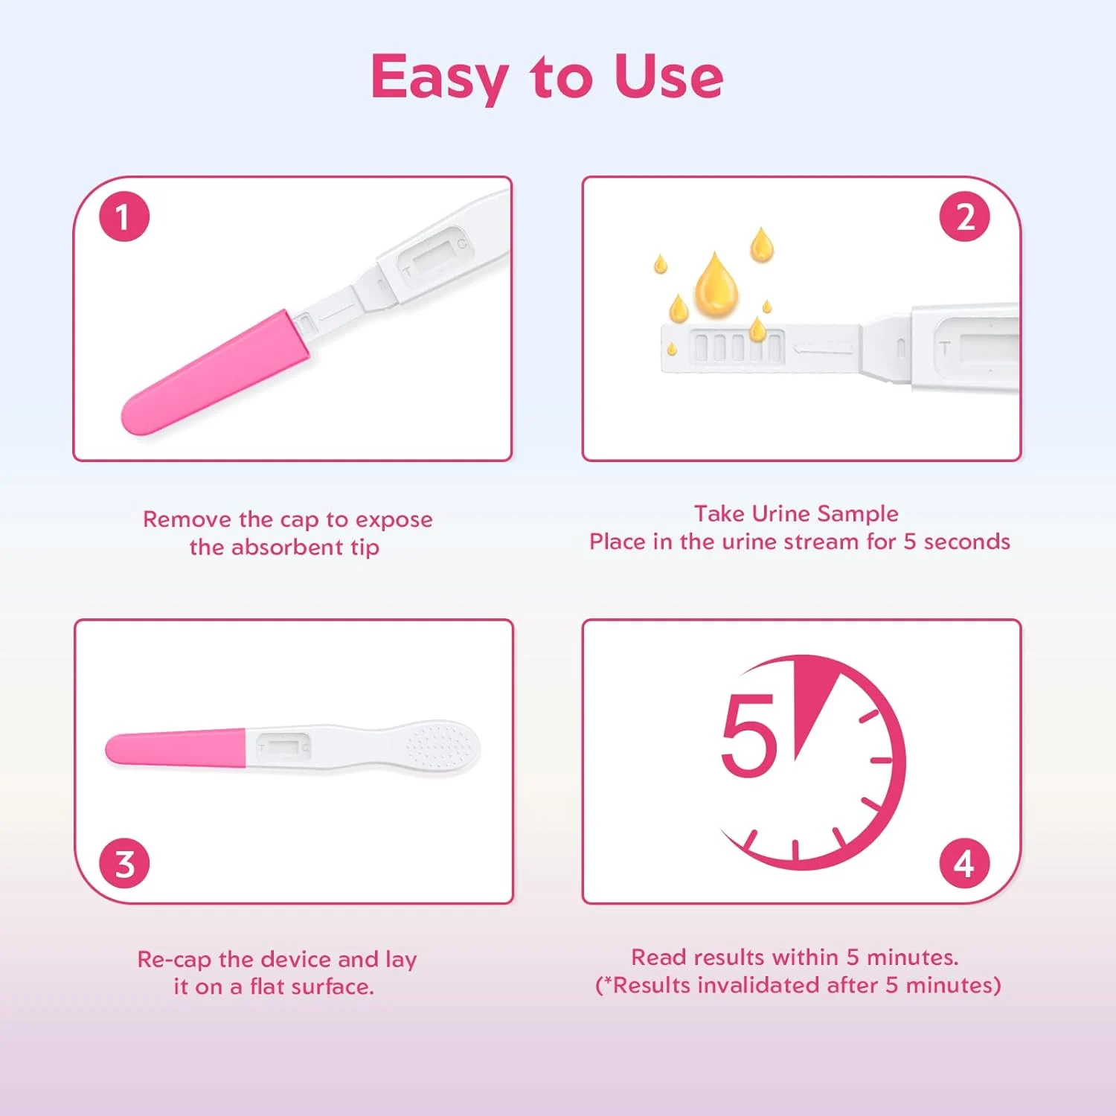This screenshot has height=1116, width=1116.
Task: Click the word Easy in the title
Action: click(x=439, y=77)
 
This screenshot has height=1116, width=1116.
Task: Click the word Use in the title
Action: click(x=668, y=76)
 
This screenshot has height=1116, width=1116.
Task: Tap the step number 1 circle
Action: click(x=124, y=217)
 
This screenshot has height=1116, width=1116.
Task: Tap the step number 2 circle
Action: click(x=964, y=217)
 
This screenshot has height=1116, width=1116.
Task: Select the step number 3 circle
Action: click(x=124, y=863)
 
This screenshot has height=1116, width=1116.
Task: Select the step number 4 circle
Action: click(x=964, y=863)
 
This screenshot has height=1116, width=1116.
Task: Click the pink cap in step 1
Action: click(x=216, y=372)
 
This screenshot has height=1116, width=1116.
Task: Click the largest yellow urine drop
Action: click(x=716, y=286)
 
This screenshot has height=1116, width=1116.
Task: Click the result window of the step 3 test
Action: click(x=281, y=745)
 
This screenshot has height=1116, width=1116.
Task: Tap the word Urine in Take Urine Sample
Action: click(x=780, y=513)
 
